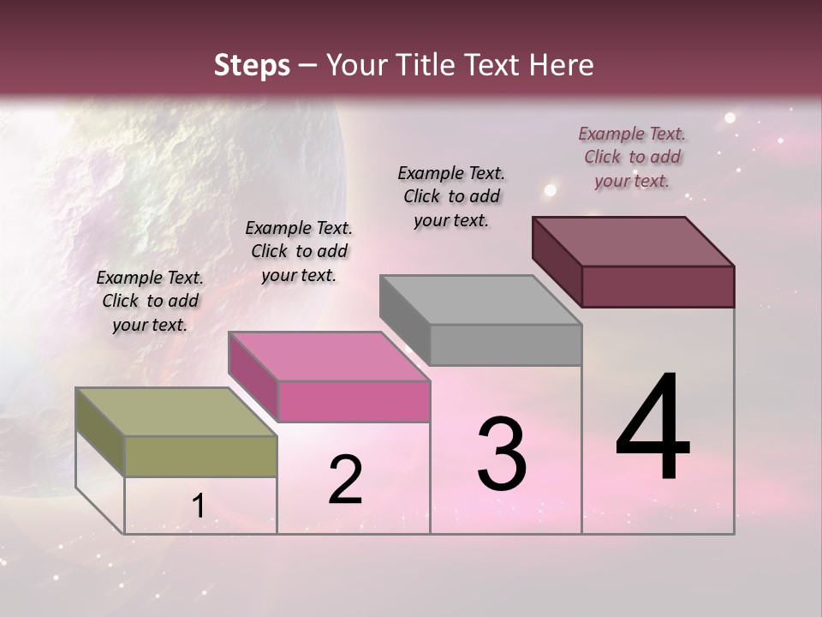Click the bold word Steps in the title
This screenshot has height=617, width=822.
click(251, 65)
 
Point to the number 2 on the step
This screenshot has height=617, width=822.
click(345, 480)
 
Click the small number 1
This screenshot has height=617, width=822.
click(198, 506)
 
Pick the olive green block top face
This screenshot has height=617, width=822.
click(176, 411)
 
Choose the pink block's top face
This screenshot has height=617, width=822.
click(329, 356)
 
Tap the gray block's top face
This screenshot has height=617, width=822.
click(480, 300)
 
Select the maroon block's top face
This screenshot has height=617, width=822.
click(633, 241)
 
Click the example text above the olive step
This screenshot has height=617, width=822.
click(150, 301)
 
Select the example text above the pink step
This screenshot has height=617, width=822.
click(299, 251)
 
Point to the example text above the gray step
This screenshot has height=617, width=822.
click(451, 196)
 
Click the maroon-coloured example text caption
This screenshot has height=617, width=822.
click(632, 157)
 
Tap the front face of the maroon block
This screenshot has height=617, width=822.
click(658, 286)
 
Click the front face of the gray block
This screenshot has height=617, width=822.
click(505, 344)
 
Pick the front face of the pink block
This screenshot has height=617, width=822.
click(354, 401)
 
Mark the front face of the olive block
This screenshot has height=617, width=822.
click(201, 456)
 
